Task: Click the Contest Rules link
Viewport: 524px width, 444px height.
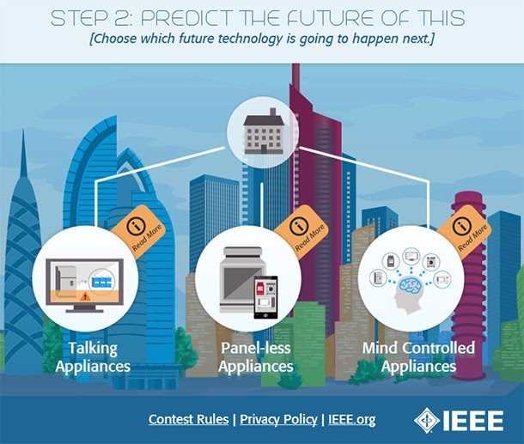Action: (x=188, y=419)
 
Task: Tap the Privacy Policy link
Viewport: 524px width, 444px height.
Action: (x=278, y=420)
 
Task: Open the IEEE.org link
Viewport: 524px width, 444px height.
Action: (x=352, y=420)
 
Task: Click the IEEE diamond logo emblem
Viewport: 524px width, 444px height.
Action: (x=427, y=420)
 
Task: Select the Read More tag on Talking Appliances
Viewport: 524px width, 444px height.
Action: (x=138, y=231)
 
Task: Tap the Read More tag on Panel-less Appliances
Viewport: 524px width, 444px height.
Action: (x=302, y=231)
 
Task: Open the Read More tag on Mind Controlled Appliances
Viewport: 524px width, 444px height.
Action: (x=464, y=231)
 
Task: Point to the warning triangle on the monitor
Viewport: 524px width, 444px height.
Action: (x=85, y=295)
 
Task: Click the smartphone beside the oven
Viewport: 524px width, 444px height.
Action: (x=265, y=297)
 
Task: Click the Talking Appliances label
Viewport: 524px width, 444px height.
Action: (x=93, y=357)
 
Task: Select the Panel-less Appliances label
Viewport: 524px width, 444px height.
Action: (x=256, y=357)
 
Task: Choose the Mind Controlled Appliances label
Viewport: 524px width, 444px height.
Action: (x=418, y=357)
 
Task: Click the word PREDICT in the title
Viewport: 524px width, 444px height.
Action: (x=186, y=18)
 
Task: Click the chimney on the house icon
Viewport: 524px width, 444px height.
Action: (x=272, y=112)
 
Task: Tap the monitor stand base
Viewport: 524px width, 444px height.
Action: (x=84, y=311)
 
